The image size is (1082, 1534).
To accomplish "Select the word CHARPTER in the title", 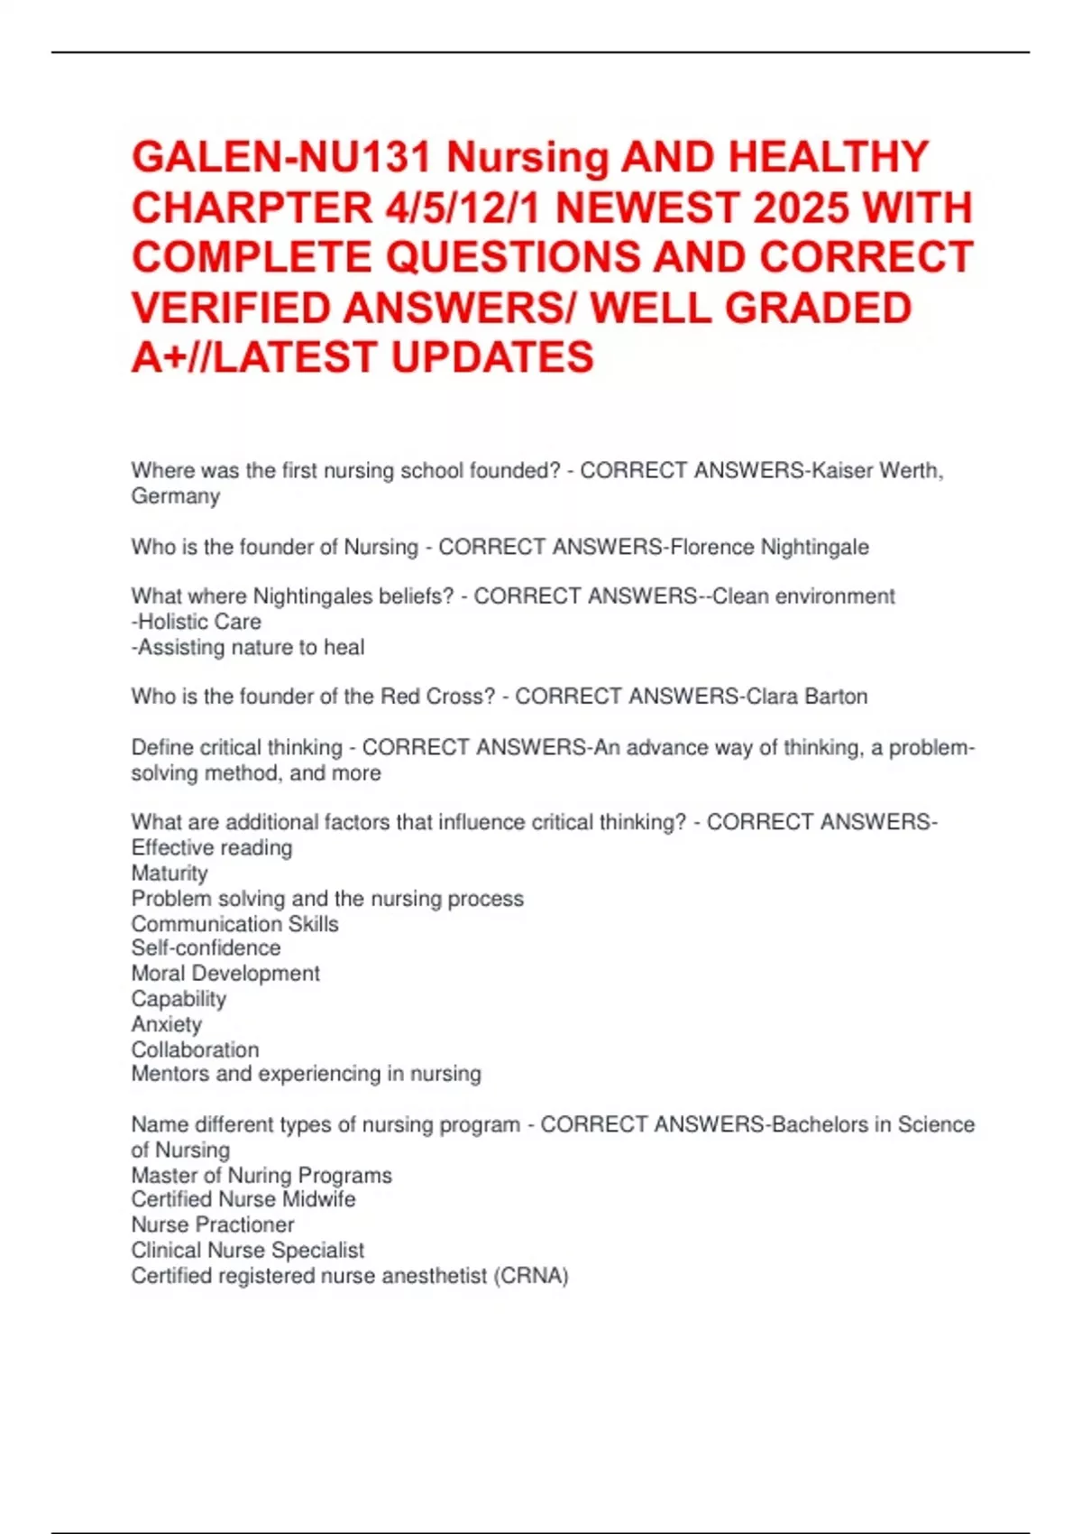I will click(252, 208).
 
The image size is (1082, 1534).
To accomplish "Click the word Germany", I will click(176, 496).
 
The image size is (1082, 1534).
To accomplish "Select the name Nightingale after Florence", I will click(815, 547).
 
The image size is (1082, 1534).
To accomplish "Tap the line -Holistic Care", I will click(197, 622).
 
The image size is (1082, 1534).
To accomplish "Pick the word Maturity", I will click(170, 873).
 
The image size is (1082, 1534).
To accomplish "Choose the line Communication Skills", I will click(234, 924).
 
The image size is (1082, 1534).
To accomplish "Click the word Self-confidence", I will click(206, 948).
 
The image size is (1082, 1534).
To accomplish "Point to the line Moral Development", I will click(225, 974).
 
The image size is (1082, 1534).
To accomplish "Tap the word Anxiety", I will click(167, 1024).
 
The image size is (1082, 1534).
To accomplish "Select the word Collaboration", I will click(195, 1049).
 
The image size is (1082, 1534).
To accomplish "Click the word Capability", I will click(179, 999).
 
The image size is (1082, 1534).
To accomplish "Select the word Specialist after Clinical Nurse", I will click(317, 1250).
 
